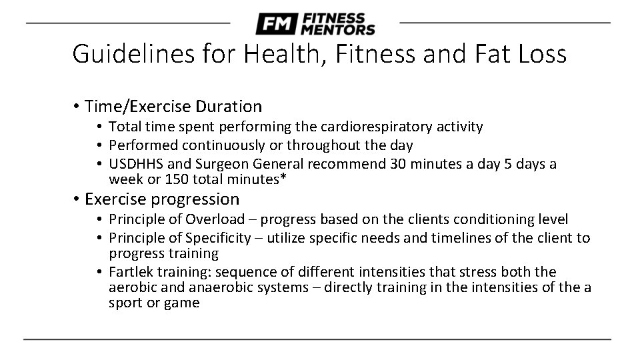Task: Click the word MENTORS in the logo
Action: pyautogui.click(x=337, y=30)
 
